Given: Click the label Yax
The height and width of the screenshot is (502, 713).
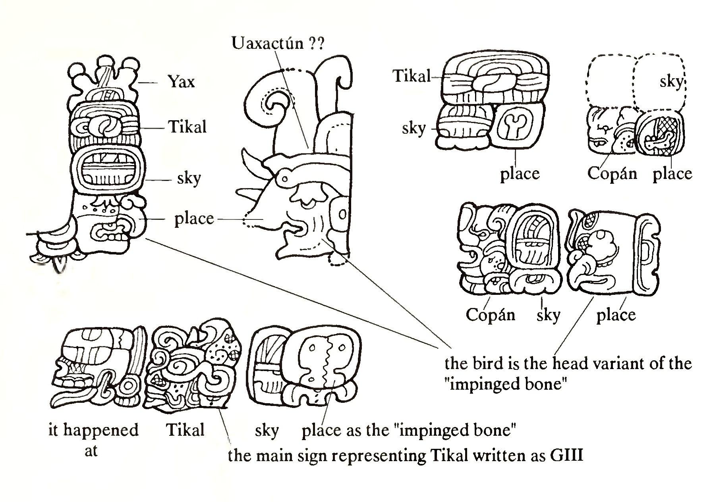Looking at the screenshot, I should pos(182,82).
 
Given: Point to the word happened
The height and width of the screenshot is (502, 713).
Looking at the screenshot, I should pos(101,430).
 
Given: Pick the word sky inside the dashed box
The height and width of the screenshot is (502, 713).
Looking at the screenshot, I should pos(671,82).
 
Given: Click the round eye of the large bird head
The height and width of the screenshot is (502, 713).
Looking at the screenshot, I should pos(284,179).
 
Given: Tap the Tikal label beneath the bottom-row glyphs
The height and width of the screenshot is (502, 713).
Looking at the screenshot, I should pos(185,430).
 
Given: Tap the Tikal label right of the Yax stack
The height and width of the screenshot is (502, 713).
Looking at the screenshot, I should pos(187,127).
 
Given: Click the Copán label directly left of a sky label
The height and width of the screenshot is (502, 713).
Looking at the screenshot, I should pos(490,315).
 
